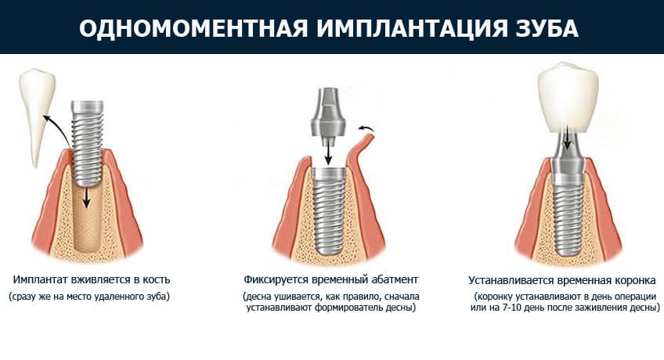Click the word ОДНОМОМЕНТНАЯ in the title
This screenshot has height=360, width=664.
(x=193, y=28)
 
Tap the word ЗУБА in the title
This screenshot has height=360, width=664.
(x=547, y=28)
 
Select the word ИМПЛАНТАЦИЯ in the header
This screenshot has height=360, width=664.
(x=411, y=28)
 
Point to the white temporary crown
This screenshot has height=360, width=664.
(x=568, y=98)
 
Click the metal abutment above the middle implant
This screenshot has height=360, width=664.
(x=328, y=115)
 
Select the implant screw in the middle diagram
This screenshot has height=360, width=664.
(x=329, y=211)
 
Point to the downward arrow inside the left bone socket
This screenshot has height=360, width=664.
(x=86, y=197)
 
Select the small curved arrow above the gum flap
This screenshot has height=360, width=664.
(x=366, y=128)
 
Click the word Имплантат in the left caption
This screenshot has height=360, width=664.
(x=41, y=279)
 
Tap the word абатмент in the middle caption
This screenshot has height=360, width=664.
(x=395, y=279)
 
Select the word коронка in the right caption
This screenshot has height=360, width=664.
(x=633, y=280)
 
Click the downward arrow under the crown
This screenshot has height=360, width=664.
(x=567, y=138)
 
